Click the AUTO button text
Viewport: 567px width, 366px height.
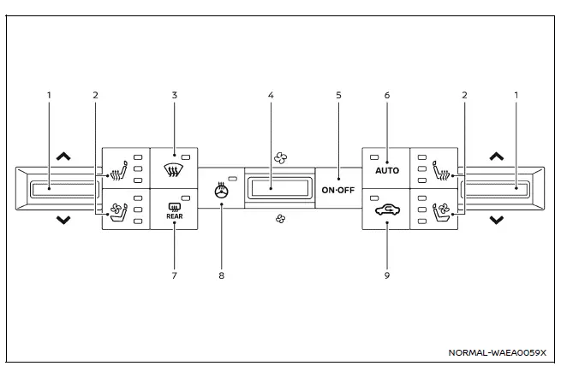pos(385,170)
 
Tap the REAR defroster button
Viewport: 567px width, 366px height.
pos(174,211)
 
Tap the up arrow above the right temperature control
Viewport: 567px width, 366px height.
pos(497,156)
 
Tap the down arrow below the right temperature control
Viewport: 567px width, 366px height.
pos(497,221)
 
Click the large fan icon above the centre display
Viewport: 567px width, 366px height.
pos(279,157)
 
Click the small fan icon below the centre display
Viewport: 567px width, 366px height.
pos(279,219)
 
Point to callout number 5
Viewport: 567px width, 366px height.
pos(338,95)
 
